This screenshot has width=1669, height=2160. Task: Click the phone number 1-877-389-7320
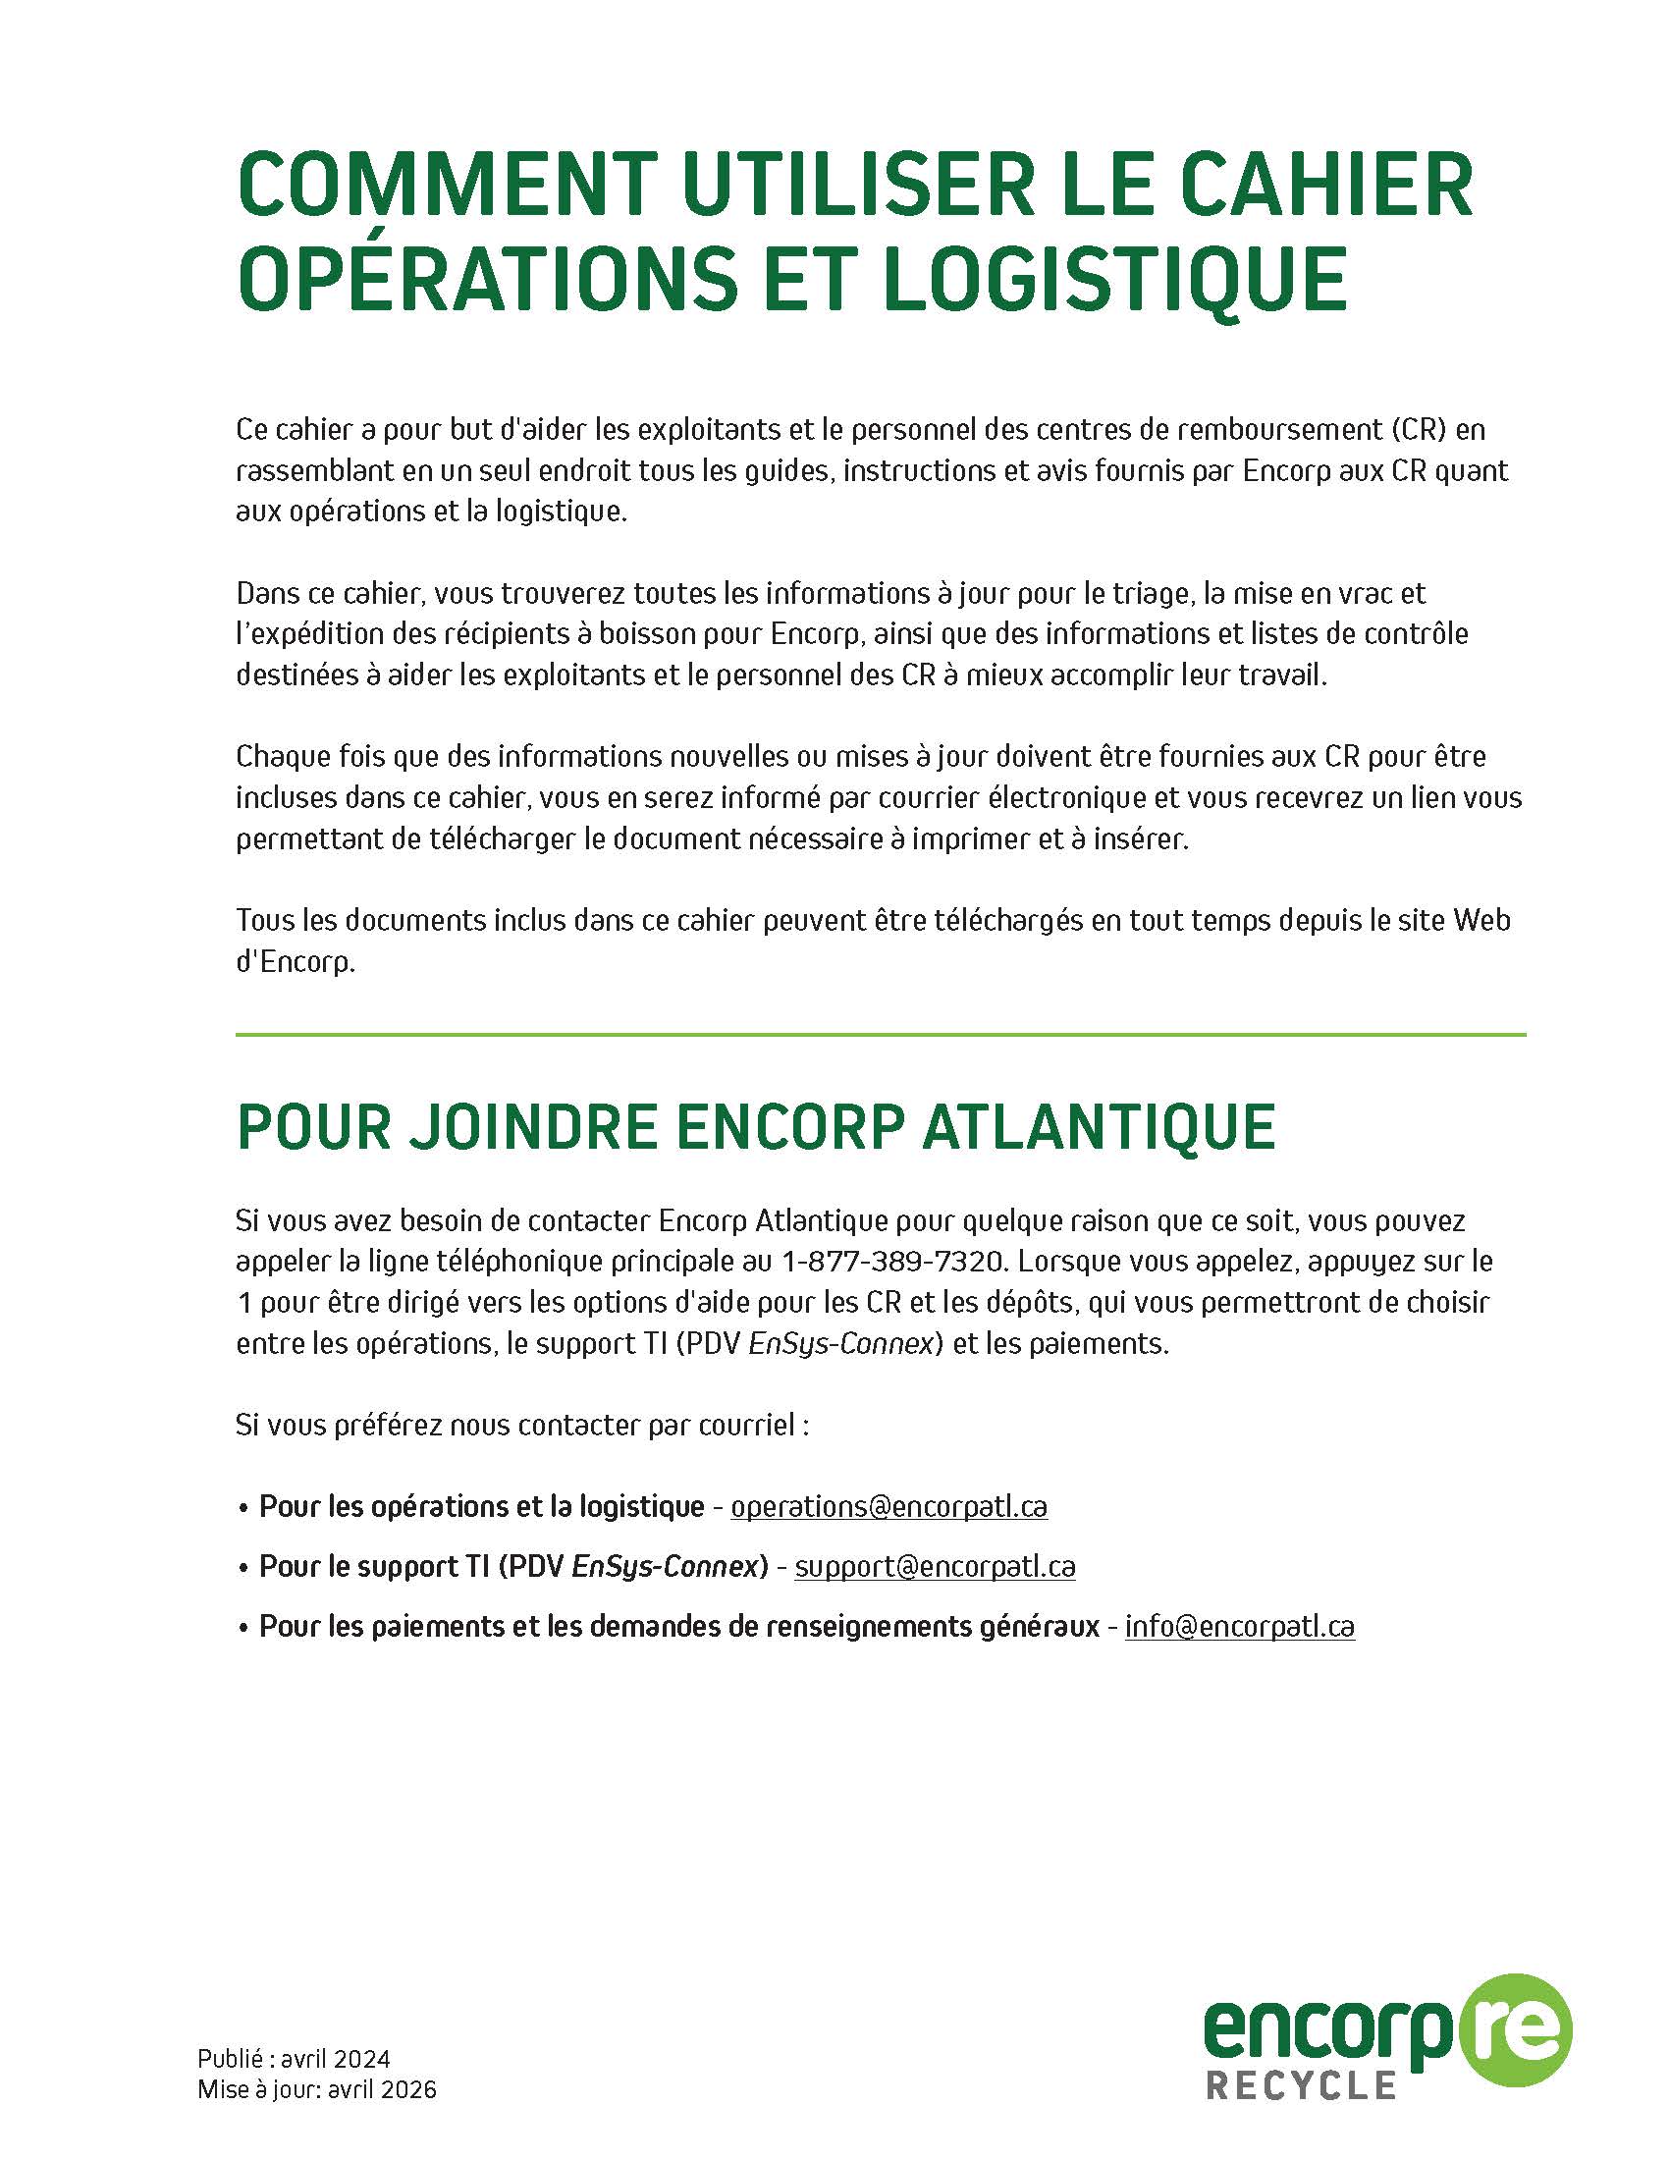click(893, 1262)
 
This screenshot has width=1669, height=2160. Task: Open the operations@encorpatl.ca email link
click(888, 1506)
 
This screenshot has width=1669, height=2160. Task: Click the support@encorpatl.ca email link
click(935, 1567)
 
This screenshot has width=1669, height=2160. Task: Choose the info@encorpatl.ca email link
click(1239, 1627)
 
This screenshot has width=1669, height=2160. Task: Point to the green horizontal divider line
click(880, 1036)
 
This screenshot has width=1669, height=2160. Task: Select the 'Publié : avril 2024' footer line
click(294, 2059)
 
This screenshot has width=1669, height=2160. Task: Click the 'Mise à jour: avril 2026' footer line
click(316, 2089)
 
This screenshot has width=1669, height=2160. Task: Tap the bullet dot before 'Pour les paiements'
click(242, 1629)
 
